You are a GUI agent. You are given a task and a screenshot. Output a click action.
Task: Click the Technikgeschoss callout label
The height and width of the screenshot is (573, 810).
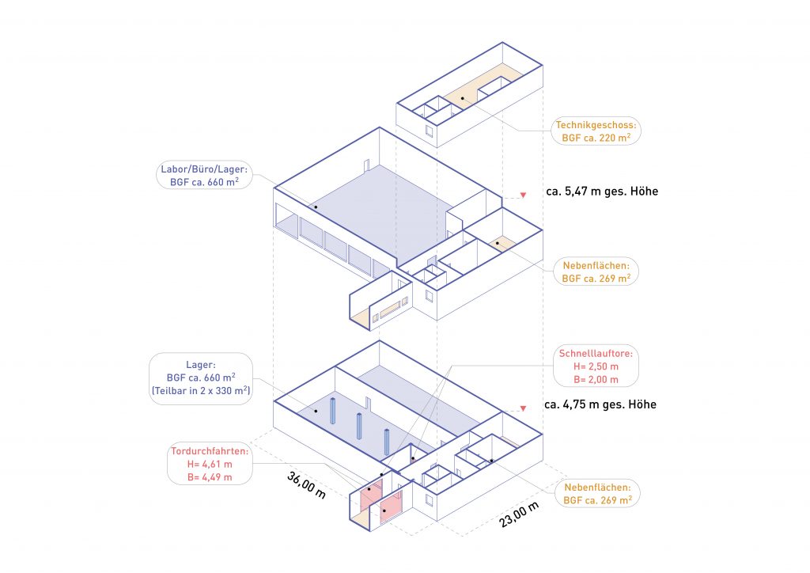click(596, 131)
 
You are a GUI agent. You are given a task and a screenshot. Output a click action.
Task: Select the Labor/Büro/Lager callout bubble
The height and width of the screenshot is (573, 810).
click(204, 175)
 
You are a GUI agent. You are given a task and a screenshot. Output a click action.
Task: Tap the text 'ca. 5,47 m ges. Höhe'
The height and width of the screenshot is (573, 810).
click(602, 192)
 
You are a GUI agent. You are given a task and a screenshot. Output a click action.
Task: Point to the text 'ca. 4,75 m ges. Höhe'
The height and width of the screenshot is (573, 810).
click(600, 404)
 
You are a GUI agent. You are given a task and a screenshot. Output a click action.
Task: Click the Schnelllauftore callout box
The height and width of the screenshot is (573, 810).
click(596, 366)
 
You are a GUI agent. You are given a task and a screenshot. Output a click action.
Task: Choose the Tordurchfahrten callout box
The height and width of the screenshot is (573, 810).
click(210, 464)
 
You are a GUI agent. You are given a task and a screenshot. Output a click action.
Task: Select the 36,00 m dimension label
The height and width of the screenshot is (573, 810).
click(306, 485)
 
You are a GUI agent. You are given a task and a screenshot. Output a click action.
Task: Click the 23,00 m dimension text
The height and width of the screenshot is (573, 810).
click(519, 514)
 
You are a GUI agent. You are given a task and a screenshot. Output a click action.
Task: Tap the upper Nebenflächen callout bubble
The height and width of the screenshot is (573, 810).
click(596, 271)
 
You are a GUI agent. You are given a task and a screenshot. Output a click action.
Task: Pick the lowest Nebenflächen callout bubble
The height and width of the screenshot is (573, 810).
click(597, 493)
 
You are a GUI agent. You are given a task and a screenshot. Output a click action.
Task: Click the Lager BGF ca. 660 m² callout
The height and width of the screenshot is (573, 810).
click(200, 378)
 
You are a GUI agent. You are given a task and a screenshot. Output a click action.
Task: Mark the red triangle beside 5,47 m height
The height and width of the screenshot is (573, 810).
click(523, 195)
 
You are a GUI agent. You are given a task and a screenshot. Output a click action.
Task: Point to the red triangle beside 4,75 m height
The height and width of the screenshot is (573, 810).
click(523, 408)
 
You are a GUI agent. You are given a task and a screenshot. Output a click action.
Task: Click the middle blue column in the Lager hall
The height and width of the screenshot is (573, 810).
click(359, 427)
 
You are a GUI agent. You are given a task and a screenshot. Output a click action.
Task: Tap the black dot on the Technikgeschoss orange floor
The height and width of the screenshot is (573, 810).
click(462, 97)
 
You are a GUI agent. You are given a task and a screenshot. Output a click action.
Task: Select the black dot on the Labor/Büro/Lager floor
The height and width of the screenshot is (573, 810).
click(316, 207)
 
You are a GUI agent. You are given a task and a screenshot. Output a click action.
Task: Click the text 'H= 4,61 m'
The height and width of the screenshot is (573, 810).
click(210, 464)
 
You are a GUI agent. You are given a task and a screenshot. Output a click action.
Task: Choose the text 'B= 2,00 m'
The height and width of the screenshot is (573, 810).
click(596, 379)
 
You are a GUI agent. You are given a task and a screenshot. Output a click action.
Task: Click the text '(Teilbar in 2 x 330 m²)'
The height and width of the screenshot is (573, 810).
click(200, 391)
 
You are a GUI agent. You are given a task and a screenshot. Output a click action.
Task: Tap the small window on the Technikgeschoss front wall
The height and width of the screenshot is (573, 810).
click(429, 131)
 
